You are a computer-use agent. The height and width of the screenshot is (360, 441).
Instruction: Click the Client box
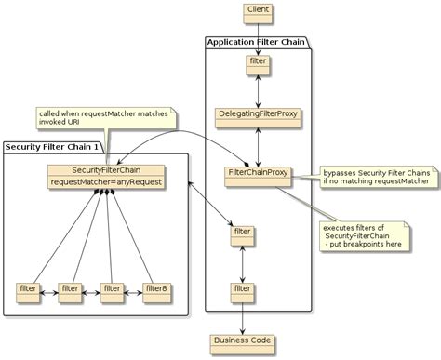point(257,11)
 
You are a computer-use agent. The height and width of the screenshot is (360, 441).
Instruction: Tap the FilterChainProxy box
point(257,174)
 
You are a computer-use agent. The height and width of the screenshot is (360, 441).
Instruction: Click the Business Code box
point(243,340)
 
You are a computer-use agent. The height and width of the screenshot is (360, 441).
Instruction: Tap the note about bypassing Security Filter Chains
point(376,177)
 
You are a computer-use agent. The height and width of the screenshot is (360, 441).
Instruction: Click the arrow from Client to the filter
point(257,35)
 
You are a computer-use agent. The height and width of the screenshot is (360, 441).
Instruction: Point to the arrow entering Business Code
point(243,322)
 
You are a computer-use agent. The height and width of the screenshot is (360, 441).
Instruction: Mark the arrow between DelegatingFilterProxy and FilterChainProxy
point(257,143)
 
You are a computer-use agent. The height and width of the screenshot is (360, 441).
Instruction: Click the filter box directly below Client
point(257,62)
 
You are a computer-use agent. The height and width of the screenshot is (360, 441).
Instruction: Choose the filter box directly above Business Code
point(243,290)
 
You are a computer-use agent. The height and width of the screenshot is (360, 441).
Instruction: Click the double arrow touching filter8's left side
point(133,289)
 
